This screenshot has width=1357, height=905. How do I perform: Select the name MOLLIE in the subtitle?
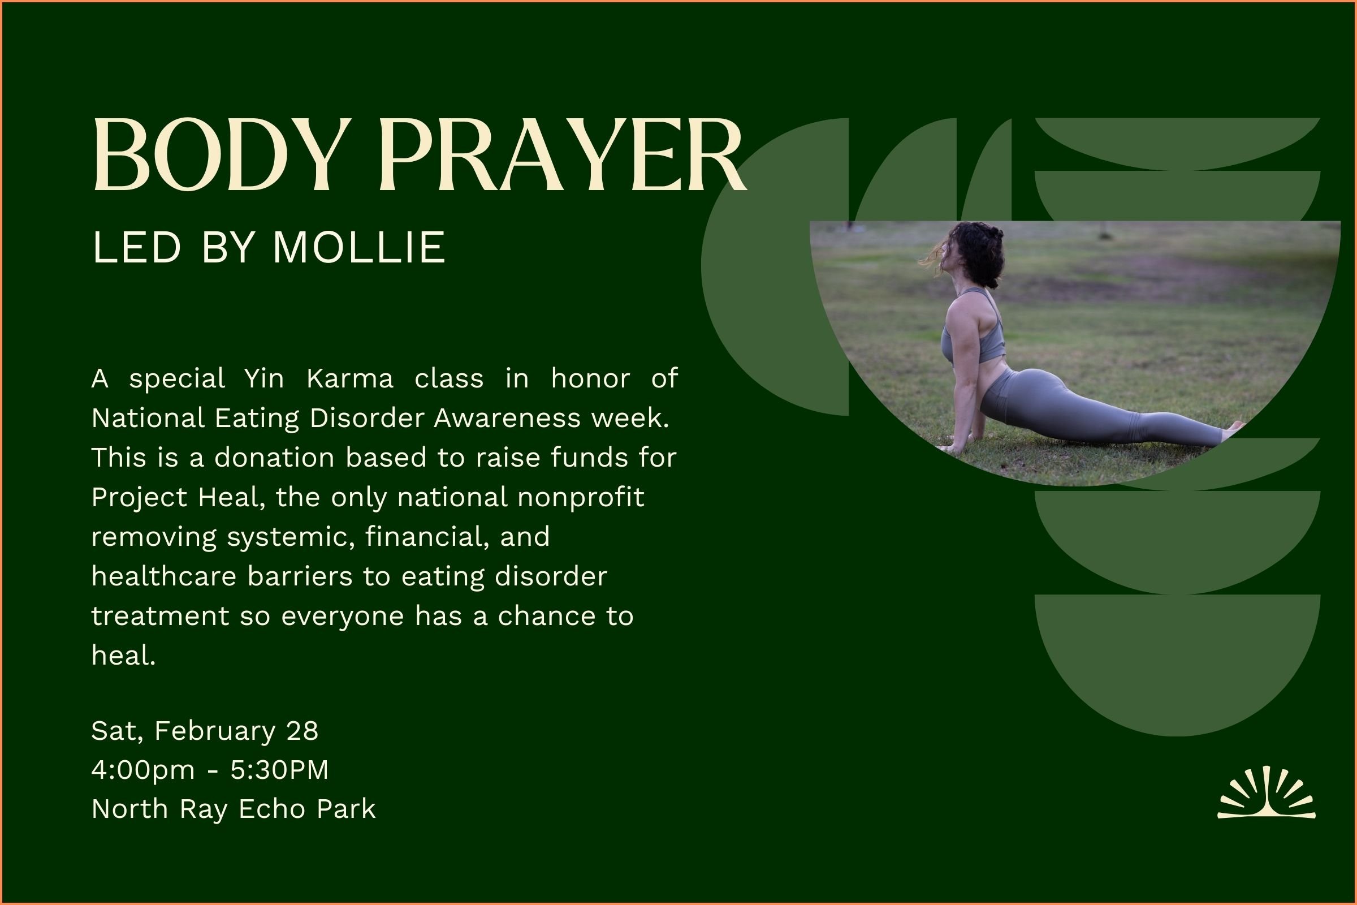(359, 248)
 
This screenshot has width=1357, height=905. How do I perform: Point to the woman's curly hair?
(978, 251)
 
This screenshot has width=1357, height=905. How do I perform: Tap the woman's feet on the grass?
(1234, 428)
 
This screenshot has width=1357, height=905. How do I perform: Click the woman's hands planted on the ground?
(952, 447)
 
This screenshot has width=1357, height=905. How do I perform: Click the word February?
(215, 731)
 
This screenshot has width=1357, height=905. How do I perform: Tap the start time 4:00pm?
(143, 770)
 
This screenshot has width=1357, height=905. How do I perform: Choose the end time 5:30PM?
(279, 770)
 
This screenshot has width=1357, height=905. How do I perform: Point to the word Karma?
(349, 379)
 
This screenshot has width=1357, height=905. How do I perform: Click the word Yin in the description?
(263, 379)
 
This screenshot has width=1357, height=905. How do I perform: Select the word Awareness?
(507, 419)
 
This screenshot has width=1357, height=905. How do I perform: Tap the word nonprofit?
(581, 498)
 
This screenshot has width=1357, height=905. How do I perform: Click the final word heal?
(123, 656)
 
